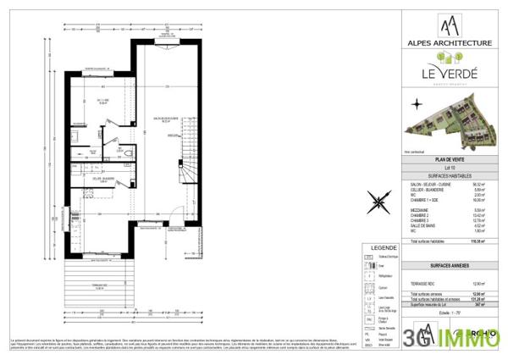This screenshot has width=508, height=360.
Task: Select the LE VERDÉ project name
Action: tap(449, 74)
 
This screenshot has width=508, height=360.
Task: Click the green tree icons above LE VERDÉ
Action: tap(449, 58)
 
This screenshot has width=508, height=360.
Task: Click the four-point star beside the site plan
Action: tap(416, 104)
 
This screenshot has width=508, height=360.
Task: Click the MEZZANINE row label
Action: tap(415, 209)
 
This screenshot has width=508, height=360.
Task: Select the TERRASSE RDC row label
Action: tap(420, 282)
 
